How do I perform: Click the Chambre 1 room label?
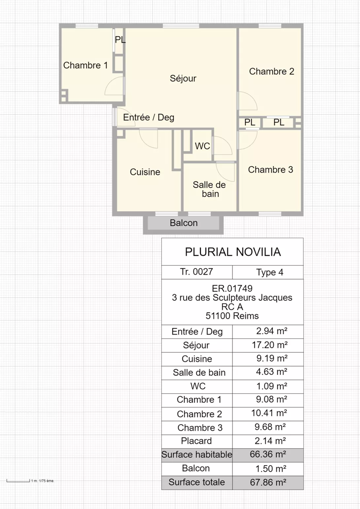86,65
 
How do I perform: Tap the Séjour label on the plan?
183,78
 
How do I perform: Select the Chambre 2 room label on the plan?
271,71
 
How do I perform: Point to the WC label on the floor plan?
202,146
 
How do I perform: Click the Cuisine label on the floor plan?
145,172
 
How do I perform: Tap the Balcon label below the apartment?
184,223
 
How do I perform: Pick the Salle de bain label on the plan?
209,189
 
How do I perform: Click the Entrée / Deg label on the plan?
149,117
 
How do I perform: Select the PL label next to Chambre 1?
120,40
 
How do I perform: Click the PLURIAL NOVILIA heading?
233,252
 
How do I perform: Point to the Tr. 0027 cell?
197,272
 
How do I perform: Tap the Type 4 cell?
270,272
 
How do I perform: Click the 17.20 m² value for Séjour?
270,345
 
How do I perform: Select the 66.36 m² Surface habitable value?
268,454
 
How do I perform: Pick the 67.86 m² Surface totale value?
268,482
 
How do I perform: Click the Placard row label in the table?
197,441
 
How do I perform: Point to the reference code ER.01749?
232,289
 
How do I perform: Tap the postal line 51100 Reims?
232,316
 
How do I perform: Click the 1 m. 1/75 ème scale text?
43,481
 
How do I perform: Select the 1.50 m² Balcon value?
271,468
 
